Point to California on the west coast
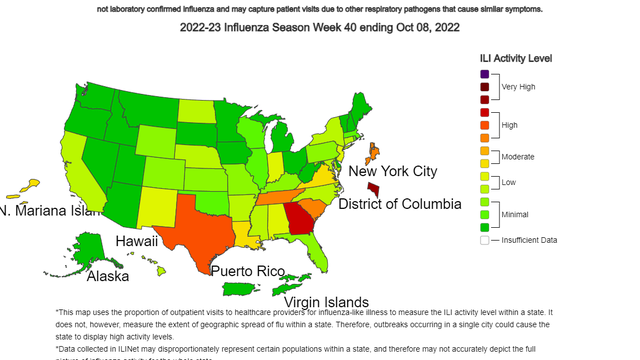[76, 165]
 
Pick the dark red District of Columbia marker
[374, 188]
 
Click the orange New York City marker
[374, 153]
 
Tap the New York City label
[392, 171]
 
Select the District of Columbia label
[400, 204]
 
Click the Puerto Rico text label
[247, 270]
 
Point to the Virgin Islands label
[326, 302]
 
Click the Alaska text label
[107, 276]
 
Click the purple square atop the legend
[484, 74]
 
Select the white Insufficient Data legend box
[484, 240]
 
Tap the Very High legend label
[518, 87]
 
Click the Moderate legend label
[518, 157]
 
